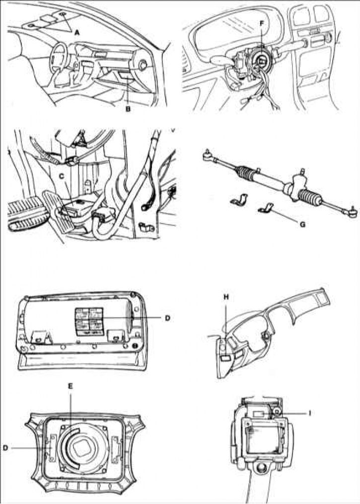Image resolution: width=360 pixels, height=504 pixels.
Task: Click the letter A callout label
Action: click(x=77, y=32)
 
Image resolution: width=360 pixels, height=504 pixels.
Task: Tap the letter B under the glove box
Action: click(x=128, y=110)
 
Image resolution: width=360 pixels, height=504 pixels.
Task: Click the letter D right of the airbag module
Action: click(x=167, y=318)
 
